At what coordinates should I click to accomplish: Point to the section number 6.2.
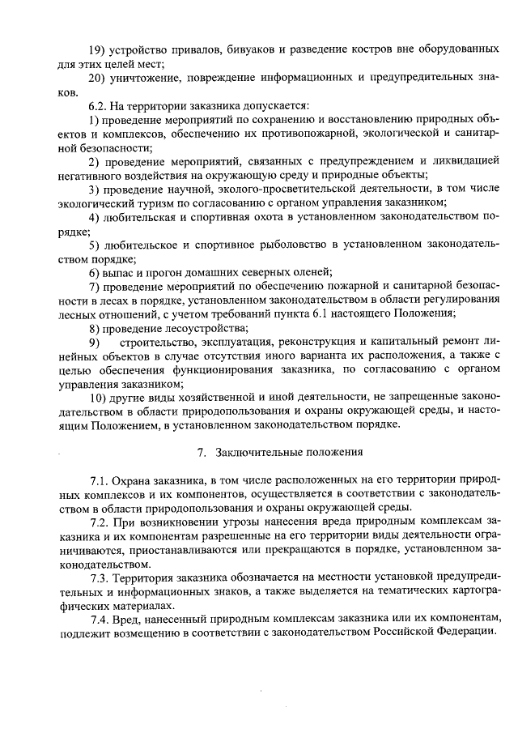(99, 106)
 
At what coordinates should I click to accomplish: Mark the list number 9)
(95, 342)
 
